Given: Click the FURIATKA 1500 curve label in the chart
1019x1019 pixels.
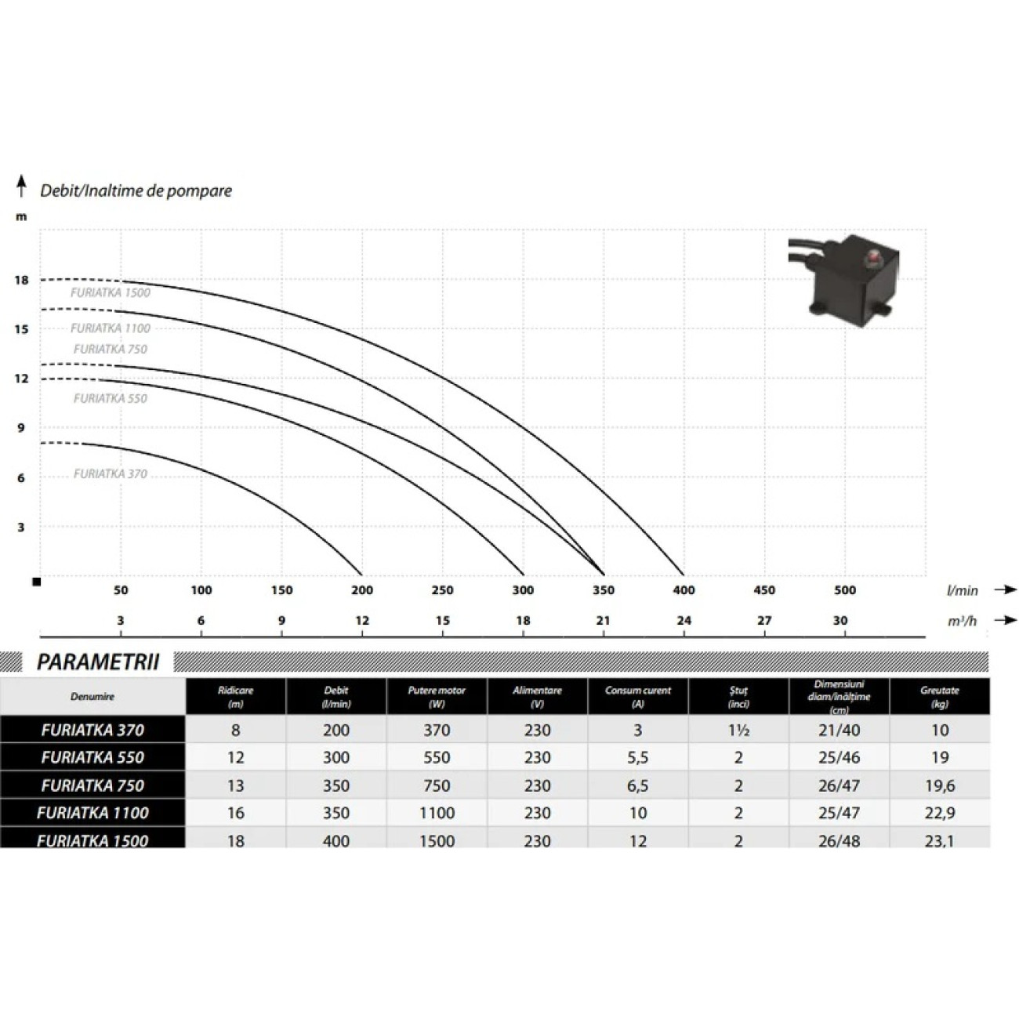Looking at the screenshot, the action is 111,292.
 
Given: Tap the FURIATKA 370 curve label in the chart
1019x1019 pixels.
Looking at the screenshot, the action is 111,473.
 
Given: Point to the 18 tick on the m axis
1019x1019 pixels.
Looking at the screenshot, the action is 21,281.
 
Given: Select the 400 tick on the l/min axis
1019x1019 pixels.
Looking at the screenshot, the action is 684,590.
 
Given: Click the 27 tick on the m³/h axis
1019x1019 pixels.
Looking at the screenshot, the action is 764,620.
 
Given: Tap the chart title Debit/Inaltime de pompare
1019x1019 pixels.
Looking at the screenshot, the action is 136,191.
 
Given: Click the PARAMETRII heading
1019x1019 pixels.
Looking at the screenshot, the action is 98,662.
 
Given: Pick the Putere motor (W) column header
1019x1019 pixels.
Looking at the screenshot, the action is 437,696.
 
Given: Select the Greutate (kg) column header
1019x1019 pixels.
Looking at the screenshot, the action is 939,696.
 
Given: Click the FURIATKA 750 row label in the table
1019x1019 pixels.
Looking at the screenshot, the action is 92,785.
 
